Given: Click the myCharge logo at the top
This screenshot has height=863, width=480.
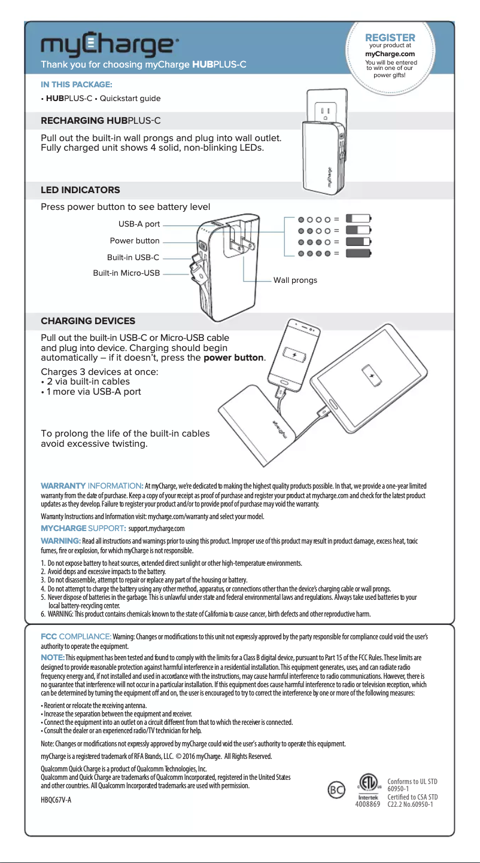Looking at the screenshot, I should [x=108, y=45].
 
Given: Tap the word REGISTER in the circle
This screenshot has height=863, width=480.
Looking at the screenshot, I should [x=390, y=38].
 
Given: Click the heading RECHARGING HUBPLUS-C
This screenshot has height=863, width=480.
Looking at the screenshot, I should [x=101, y=121].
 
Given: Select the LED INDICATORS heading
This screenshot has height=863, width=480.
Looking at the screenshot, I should [x=80, y=190].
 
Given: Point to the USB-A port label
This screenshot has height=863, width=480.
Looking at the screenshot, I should [x=139, y=224].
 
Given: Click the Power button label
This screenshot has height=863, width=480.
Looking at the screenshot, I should [x=135, y=241].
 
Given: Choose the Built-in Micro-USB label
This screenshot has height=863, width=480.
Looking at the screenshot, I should [x=126, y=273].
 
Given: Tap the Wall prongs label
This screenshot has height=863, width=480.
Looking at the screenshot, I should [x=295, y=280].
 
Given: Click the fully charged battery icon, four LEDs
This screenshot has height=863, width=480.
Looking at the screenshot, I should [x=359, y=254].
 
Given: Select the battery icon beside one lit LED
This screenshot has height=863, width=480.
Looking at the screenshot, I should [x=359, y=218].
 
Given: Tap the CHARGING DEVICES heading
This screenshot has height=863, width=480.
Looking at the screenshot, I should [x=88, y=321].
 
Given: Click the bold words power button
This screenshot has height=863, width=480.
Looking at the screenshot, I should [x=234, y=358].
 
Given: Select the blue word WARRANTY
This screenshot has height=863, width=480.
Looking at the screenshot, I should [x=63, y=484].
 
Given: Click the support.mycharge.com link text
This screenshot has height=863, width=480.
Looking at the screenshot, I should [x=156, y=529].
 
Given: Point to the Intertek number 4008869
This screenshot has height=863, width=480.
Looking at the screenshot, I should [x=367, y=804].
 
